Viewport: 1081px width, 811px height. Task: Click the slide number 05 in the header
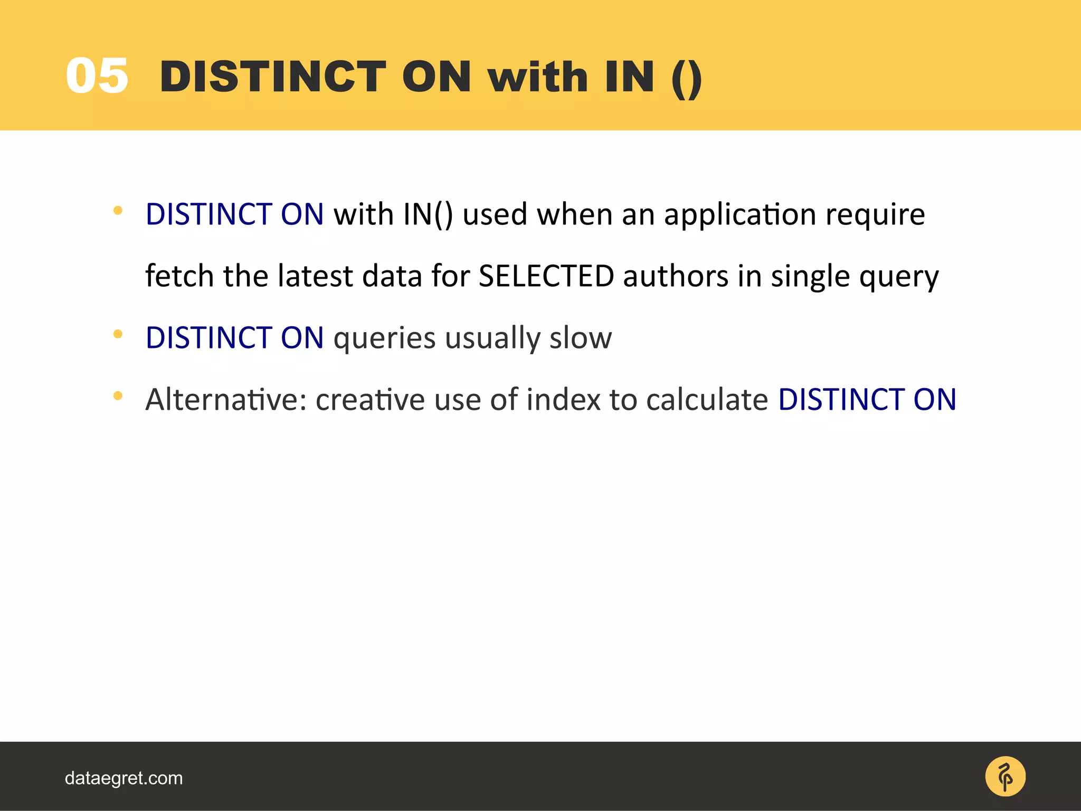tap(97, 77)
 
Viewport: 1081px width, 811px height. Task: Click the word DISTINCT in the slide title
tap(273, 77)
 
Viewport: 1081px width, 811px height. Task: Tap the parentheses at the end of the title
tap(687, 78)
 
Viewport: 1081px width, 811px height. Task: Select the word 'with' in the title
tap(537, 77)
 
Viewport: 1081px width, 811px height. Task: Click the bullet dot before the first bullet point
tap(118, 210)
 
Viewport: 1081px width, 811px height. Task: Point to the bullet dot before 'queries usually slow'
tap(118, 334)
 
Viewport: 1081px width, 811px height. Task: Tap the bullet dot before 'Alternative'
tap(118, 395)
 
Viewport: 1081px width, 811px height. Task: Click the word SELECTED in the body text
tap(546, 276)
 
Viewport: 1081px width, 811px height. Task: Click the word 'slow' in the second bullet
tap(581, 338)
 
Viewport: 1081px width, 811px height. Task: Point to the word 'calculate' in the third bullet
tap(707, 399)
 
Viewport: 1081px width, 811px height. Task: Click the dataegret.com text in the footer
tap(124, 778)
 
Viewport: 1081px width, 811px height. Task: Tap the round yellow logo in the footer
tap(1005, 777)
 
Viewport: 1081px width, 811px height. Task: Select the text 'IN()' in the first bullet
tap(428, 215)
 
